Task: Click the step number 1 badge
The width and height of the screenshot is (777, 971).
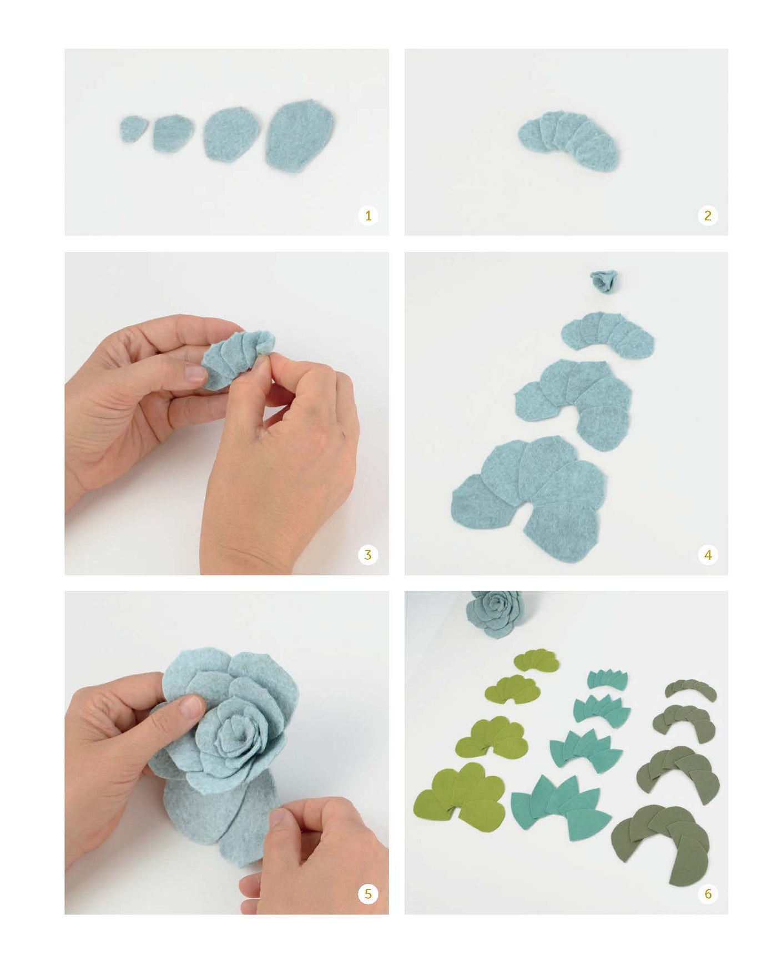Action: [x=368, y=215]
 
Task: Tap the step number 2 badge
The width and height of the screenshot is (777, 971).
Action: [x=707, y=215]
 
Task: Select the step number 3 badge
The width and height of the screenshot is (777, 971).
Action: [x=368, y=554]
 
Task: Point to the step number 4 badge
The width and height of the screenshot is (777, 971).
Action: [x=707, y=554]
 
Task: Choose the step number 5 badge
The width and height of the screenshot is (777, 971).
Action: [x=368, y=893]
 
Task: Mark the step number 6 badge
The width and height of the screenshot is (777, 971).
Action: [x=707, y=893]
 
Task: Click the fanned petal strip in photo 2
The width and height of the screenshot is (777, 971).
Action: [x=569, y=140]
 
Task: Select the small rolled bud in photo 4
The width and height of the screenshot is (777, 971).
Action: [x=605, y=280]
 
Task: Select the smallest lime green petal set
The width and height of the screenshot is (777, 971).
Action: [x=536, y=660]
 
